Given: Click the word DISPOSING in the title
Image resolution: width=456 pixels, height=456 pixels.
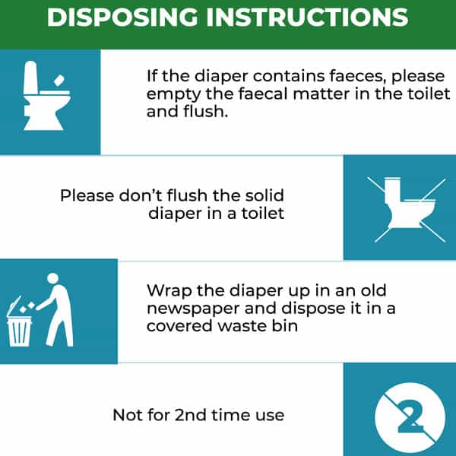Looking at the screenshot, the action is pyautogui.click(x=122, y=17).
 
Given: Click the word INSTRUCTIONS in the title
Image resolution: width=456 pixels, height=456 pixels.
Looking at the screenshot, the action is pyautogui.click(x=307, y=17).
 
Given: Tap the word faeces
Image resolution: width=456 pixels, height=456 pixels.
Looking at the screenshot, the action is pyautogui.click(x=358, y=76).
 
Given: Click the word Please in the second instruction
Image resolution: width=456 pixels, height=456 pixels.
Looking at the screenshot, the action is pyautogui.click(x=87, y=195).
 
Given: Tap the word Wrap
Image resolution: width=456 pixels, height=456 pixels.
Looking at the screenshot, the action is pyautogui.click(x=169, y=291).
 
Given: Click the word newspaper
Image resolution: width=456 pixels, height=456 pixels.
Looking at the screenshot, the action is pyautogui.click(x=193, y=309).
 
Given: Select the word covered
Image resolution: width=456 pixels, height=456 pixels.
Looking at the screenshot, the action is pyautogui.click(x=179, y=326).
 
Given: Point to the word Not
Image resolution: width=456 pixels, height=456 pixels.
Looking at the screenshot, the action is pyautogui.click(x=126, y=415).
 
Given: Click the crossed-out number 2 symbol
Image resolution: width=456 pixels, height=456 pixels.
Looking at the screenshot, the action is pyautogui.click(x=410, y=417).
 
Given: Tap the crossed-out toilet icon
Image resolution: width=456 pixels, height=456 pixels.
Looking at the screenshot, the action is pyautogui.click(x=407, y=210).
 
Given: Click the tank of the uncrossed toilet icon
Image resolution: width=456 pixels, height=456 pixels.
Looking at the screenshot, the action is pyautogui.click(x=31, y=78).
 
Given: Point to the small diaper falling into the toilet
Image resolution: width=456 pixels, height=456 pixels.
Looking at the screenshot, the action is pyautogui.click(x=59, y=81).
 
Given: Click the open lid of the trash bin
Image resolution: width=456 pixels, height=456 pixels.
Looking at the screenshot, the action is pyautogui.click(x=14, y=306).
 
